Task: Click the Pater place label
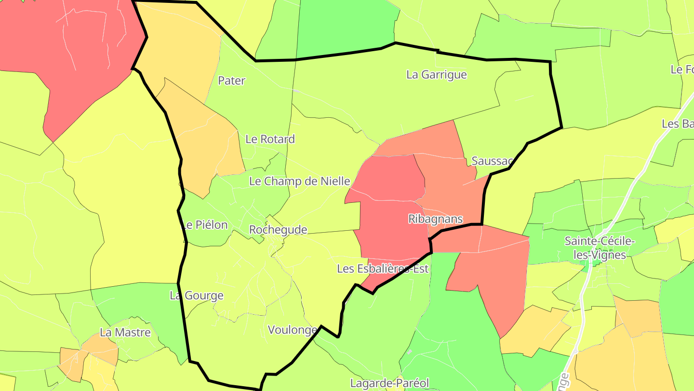click(x=232, y=81)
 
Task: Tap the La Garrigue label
click(x=437, y=75)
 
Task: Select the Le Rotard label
click(x=270, y=139)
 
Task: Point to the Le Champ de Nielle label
click(x=299, y=182)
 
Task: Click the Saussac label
click(x=491, y=161)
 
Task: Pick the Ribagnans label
click(x=435, y=219)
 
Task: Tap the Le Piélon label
click(x=205, y=225)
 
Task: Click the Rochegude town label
click(x=278, y=230)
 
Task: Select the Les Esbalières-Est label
click(x=383, y=269)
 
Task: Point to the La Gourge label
click(x=197, y=295)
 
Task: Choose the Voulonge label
click(x=292, y=330)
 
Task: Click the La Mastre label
click(x=125, y=333)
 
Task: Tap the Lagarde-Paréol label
click(x=389, y=383)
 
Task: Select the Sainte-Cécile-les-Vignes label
click(x=600, y=248)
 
